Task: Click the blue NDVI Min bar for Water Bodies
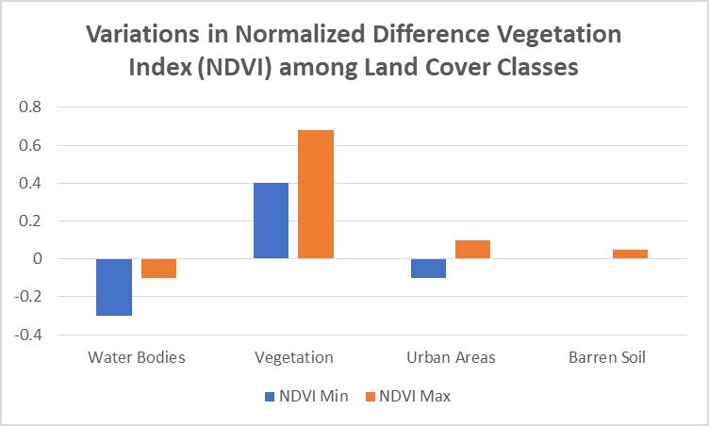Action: coord(114,287)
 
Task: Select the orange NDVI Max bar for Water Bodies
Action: coord(158,269)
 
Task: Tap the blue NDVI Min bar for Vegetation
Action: coord(271,221)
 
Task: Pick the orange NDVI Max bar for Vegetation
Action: coord(316,194)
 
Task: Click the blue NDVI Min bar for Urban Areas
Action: coord(428,269)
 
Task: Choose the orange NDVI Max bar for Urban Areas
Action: coord(472,249)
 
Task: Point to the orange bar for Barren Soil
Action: coord(630,254)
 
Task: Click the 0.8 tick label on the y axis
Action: coord(30,107)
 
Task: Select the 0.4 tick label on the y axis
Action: coord(30,183)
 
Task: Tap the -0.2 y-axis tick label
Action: coord(28,297)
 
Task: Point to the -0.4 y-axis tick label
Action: coord(28,336)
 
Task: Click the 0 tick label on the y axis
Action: coord(37,258)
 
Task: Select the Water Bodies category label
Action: coord(137,357)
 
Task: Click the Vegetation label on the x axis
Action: coord(294,357)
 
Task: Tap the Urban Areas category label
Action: coord(451,357)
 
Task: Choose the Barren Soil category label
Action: coord(607,357)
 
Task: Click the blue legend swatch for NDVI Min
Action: coord(270,397)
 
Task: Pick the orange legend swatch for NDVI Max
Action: coord(371,397)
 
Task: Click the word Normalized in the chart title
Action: coord(300,34)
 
